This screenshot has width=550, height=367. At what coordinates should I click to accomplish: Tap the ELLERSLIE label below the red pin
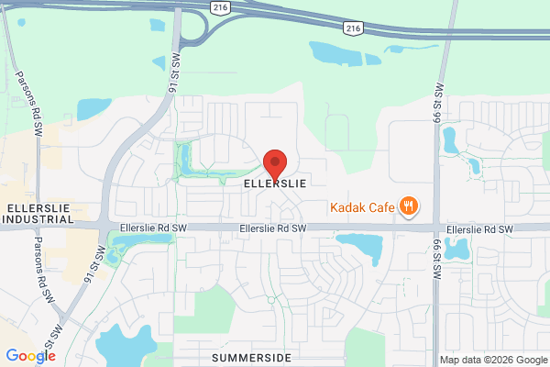pos(274,183)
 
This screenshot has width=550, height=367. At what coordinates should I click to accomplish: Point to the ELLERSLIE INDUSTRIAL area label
pos(39,214)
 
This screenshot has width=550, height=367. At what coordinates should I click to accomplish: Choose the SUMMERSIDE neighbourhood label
pos(250,356)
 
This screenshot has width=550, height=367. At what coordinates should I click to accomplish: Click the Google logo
pos(30,356)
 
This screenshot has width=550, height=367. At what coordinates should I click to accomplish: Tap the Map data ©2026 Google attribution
pos(491,359)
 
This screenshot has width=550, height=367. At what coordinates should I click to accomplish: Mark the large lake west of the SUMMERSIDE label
pos(124,344)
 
